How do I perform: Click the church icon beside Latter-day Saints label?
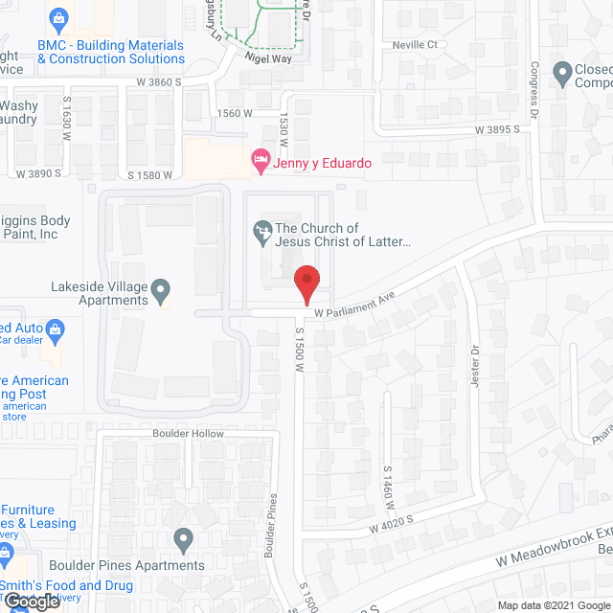coord(261,230)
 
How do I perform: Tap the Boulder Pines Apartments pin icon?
coord(184,541)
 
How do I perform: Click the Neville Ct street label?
coord(415,45)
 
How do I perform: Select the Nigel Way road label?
coord(268,58)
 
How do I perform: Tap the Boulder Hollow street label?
coord(188,434)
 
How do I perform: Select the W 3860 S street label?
coord(159,82)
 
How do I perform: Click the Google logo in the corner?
coord(31,602)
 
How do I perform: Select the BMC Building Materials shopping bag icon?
coord(58,18)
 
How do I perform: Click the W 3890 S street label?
coord(38,173)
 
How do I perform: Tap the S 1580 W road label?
coord(150,174)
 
